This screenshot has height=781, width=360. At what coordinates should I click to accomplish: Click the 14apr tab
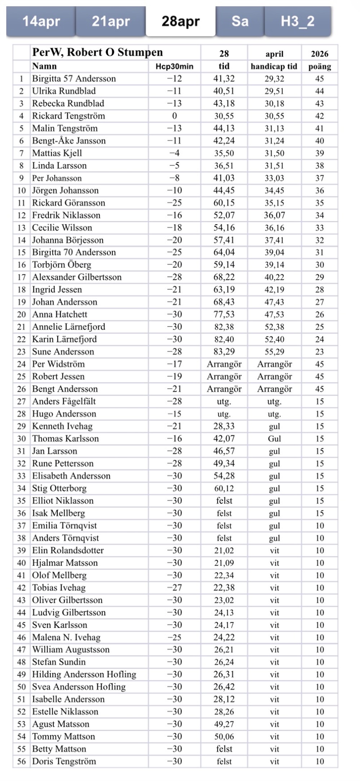coord(41,22)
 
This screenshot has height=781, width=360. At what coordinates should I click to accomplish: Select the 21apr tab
coord(111,22)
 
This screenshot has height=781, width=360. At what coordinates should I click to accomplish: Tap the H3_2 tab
coord(297,22)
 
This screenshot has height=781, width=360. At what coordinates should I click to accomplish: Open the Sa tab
coord(240,22)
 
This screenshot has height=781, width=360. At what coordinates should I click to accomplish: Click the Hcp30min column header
coord(174,67)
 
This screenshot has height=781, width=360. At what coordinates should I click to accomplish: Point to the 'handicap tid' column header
coord(274,67)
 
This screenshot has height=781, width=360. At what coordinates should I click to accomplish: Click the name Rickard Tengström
coord(68,116)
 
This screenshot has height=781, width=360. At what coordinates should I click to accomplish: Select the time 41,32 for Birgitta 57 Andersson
coord(224,79)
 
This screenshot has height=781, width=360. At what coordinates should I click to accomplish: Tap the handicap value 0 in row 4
coord(174,116)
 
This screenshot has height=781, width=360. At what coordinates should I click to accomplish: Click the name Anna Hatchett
coord(60,315)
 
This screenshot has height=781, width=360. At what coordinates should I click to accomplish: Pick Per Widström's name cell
coord(58,364)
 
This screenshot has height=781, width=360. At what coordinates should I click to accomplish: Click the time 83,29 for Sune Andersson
coord(224,352)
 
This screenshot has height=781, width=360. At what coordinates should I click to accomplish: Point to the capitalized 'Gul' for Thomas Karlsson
coord(274,439)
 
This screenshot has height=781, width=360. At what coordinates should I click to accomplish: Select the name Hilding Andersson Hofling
coord(84,674)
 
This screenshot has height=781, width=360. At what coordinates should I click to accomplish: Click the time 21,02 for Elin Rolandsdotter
coord(224,551)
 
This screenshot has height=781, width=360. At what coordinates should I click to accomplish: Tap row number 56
coord(22,762)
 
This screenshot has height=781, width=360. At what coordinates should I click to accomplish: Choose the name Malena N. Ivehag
coord(66,637)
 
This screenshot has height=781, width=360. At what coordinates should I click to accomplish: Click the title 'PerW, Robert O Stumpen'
coord(98,53)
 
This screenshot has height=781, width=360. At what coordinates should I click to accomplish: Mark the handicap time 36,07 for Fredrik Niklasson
coord(274,215)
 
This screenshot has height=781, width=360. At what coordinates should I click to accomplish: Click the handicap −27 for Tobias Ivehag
coord(174,588)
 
